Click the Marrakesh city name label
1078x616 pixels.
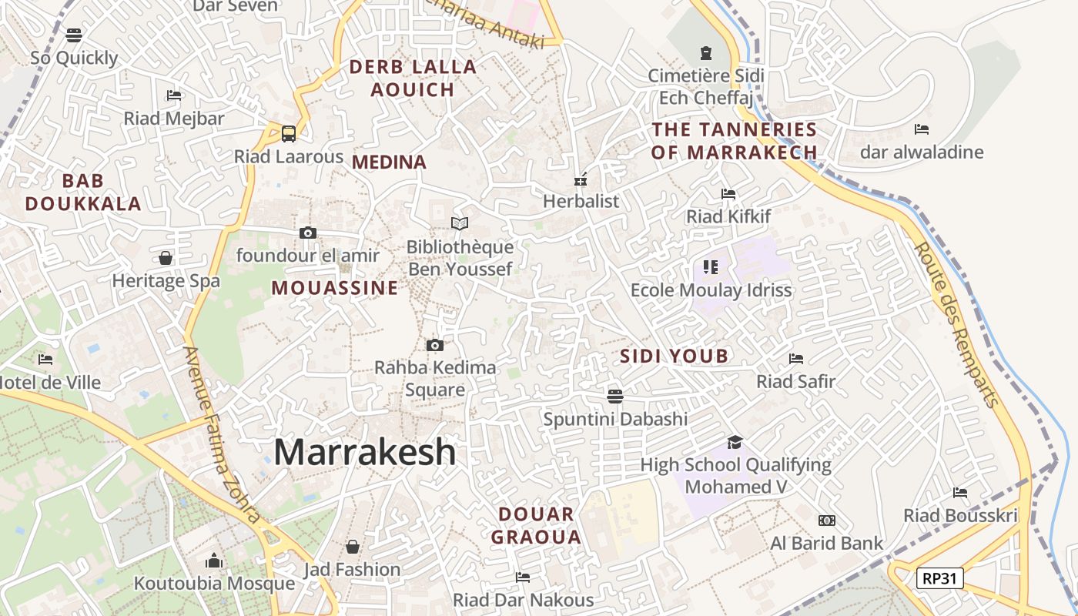point(364,452)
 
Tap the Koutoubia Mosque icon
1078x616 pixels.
point(214,561)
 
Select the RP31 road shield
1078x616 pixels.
point(939,577)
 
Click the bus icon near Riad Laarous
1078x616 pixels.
point(289,133)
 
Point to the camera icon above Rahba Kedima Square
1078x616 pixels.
point(435,345)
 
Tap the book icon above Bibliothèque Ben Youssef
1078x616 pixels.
point(460,223)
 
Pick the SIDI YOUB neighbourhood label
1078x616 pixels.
point(674,356)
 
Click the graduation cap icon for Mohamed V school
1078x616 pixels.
point(735,442)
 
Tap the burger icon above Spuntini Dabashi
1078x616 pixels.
point(614,397)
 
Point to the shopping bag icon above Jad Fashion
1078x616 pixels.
point(352,547)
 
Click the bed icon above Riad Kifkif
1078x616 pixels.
point(728,193)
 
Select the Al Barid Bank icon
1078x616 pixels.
point(827,521)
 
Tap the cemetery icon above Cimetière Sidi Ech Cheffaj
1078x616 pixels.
point(706,53)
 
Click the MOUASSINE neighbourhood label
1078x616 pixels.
point(335,288)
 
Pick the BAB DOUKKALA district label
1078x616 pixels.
point(83,192)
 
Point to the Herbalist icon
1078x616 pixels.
point(581,179)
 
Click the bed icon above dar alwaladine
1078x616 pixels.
point(922,129)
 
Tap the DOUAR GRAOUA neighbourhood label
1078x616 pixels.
point(536,525)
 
